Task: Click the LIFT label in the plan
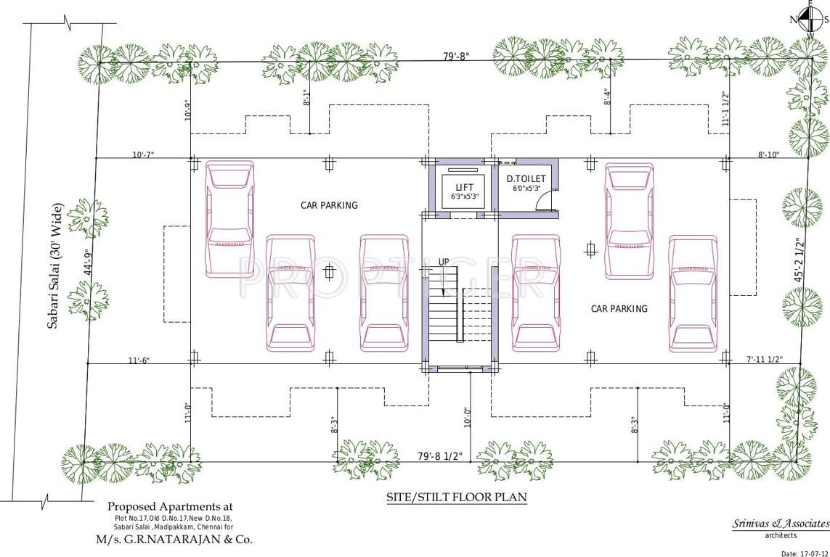click(x=464, y=187)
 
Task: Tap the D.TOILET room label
click(x=526, y=178)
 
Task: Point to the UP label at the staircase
click(x=444, y=262)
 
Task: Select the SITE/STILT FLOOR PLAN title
click(x=456, y=498)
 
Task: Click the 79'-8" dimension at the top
click(x=460, y=55)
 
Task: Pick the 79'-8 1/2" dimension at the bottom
click(x=440, y=456)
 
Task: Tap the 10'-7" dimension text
click(x=143, y=154)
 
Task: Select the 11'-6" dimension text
click(x=139, y=360)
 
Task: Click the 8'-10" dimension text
click(x=769, y=154)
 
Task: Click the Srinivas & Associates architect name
click(x=780, y=524)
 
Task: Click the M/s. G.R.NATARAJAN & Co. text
click(x=174, y=540)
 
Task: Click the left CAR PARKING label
click(x=329, y=205)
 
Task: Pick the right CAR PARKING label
click(x=619, y=309)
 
